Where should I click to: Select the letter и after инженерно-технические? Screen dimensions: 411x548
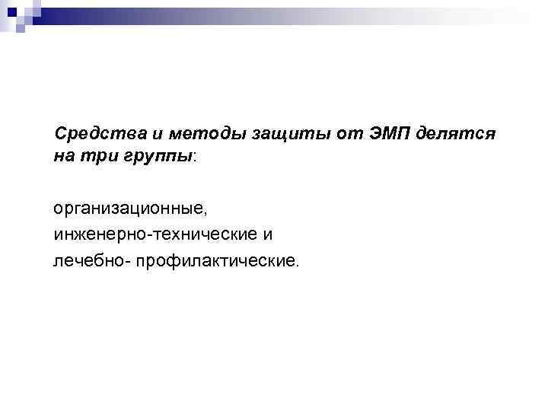pyautogui.click(x=267, y=234)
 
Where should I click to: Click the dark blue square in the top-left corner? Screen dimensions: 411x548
pyautogui.click(x=11, y=11)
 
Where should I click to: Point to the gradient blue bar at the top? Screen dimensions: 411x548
pyautogui.click(x=289, y=14)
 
